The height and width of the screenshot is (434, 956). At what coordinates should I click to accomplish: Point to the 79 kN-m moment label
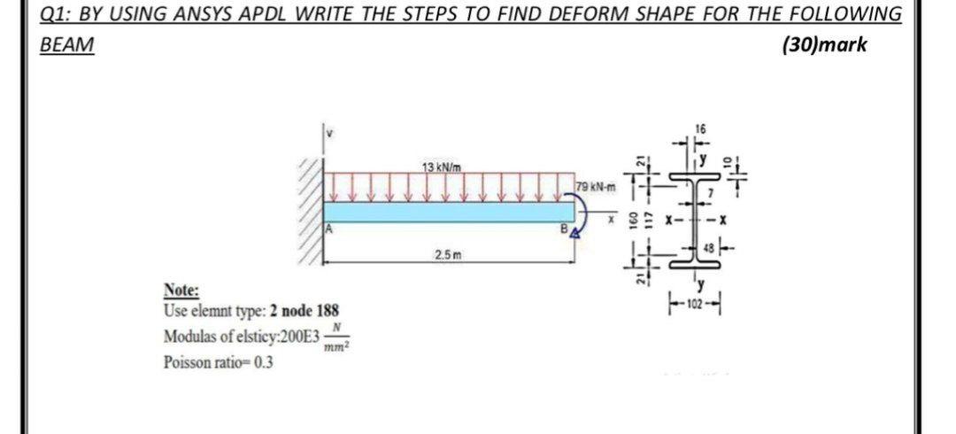[x=591, y=185]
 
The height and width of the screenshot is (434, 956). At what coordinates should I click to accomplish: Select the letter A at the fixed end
[x=330, y=227]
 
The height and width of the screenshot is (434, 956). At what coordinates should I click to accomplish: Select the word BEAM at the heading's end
[x=67, y=45]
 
